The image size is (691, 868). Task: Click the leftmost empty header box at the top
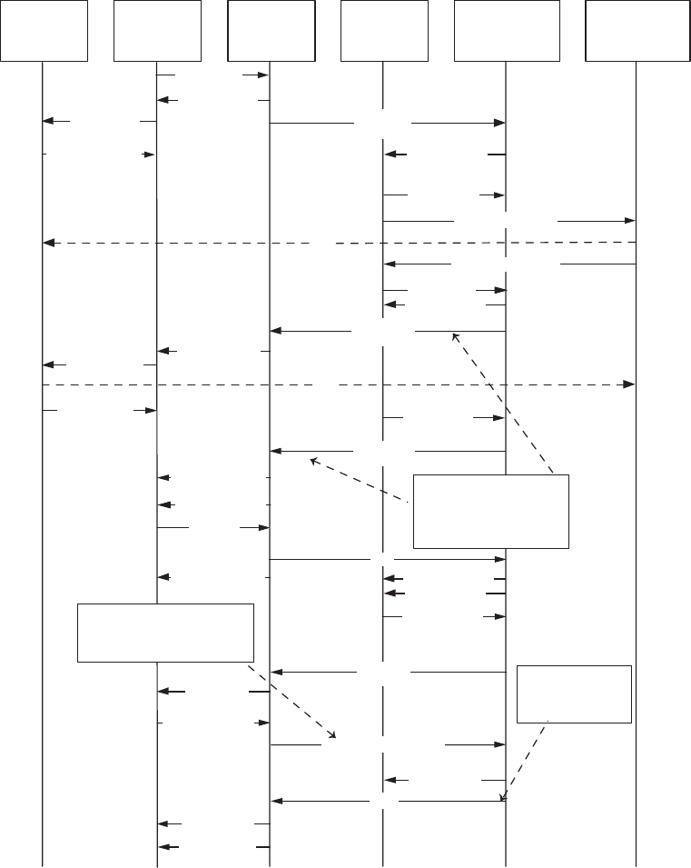click(x=44, y=30)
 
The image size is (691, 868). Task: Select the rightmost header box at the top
click(x=637, y=30)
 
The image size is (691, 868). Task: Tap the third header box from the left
click(x=271, y=30)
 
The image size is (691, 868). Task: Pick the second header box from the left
click(x=157, y=30)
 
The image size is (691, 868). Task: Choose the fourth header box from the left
click(x=384, y=30)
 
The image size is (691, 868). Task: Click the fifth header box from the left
click(x=506, y=30)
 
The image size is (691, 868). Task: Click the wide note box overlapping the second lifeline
click(x=165, y=632)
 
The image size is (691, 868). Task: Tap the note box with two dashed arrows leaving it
click(x=491, y=511)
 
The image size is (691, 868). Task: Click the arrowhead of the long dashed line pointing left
click(x=49, y=244)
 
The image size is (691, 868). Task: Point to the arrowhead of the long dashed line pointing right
click(x=627, y=385)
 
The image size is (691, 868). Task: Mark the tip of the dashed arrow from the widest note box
click(x=333, y=737)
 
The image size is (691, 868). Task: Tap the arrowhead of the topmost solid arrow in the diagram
click(x=264, y=75)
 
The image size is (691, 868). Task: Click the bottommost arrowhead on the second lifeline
click(x=163, y=847)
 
